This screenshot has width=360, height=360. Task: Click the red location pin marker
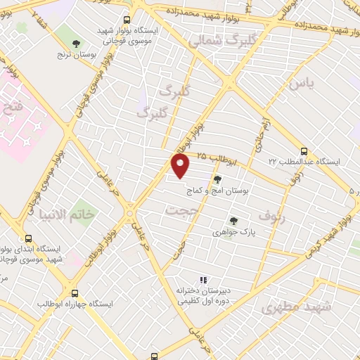[x=181, y=166]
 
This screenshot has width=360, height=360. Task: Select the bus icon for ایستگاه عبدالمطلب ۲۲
[x=304, y=150]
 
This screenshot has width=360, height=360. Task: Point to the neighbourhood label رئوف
[x=272, y=215]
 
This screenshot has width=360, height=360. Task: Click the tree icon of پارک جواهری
[x=233, y=220]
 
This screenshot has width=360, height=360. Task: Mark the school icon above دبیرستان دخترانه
[x=204, y=280]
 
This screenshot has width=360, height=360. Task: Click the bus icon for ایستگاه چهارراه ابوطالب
[x=75, y=292]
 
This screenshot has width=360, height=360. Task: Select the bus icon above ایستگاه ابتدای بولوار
[x=28, y=238]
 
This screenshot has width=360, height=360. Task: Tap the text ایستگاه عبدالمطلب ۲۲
[x=304, y=162]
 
